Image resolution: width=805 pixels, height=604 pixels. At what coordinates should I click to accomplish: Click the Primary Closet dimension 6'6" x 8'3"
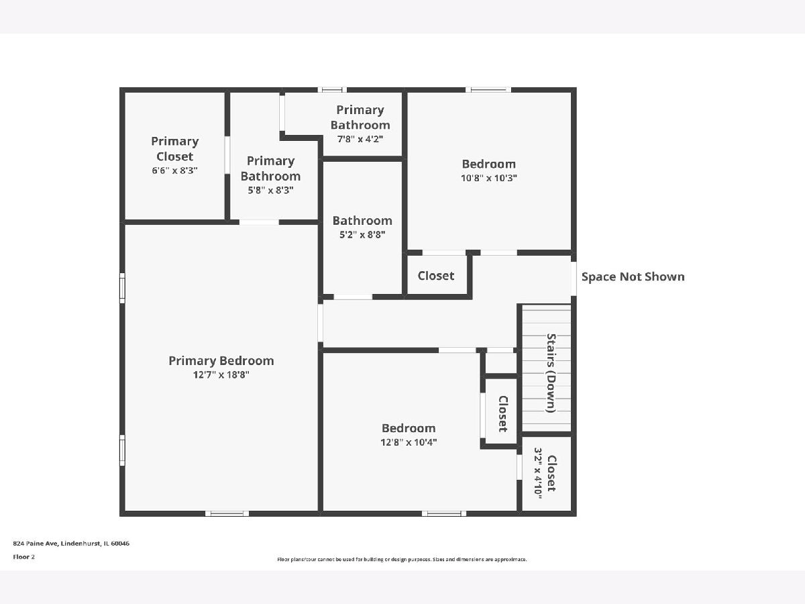174,170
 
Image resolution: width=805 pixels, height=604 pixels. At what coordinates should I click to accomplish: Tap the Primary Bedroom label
221,361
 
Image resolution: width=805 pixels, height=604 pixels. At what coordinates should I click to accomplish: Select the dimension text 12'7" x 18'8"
221,374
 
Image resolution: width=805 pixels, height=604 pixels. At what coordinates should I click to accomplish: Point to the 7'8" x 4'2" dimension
360,139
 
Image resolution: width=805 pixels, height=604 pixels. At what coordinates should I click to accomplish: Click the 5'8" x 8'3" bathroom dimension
270,191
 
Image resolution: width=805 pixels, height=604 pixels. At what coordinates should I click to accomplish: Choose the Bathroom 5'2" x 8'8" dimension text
362,235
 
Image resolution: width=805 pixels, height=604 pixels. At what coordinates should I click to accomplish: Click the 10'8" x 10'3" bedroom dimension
489,178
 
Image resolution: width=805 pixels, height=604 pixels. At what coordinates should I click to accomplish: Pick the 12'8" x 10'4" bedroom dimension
409,442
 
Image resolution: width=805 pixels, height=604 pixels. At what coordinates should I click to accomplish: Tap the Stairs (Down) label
551,373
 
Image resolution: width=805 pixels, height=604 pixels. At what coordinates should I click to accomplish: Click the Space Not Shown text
633,276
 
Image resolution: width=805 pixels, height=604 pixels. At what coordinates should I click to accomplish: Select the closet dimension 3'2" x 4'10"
537,473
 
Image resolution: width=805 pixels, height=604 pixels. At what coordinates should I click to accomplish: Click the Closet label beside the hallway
436,276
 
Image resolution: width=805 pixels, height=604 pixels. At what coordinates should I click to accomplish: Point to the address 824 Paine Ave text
71,544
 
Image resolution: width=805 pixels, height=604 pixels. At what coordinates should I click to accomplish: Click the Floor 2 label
24,557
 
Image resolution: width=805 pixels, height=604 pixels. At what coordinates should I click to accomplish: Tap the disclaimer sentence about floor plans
402,559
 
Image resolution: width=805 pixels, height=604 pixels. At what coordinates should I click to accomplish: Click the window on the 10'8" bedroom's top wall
488,89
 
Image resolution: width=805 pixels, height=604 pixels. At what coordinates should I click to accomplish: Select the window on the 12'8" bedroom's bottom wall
444,513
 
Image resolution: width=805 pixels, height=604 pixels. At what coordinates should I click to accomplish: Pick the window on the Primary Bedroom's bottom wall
227,513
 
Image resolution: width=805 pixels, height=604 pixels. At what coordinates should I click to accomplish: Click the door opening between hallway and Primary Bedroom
321,323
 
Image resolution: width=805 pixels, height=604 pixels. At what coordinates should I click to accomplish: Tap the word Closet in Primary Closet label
174,156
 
